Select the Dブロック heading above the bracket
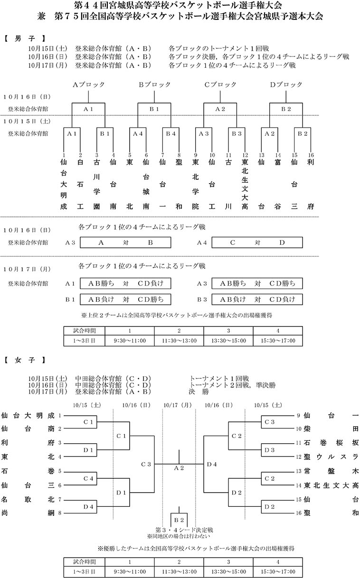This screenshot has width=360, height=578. (x=286, y=84)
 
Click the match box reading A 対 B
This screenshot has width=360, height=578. (x=125, y=242)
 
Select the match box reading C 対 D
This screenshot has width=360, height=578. (x=256, y=242)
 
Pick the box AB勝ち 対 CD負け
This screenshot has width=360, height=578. (x=125, y=283)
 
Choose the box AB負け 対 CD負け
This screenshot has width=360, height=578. (x=256, y=299)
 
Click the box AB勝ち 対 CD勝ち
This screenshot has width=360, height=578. (x=256, y=283)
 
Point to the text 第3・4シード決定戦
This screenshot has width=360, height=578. (x=179, y=529)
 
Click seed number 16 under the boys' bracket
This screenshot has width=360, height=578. (x=311, y=155)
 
